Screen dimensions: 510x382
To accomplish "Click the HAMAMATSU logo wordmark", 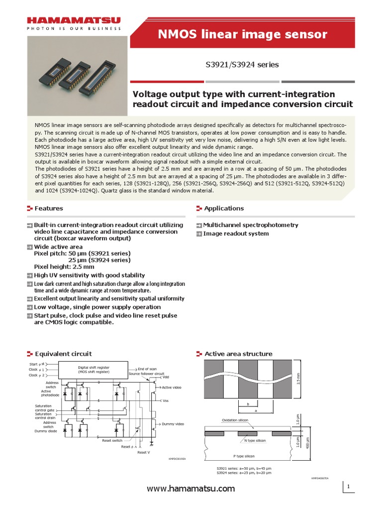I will [74, 21].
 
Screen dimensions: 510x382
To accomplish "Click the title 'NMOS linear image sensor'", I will [243, 34].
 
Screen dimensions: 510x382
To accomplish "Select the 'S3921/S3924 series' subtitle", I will [242, 65].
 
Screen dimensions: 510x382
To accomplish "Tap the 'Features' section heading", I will [48, 208].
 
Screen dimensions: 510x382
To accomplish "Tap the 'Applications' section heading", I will [223, 208].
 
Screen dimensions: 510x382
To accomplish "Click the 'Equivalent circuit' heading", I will [63, 354].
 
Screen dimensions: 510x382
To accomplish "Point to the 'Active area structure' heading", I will [238, 354].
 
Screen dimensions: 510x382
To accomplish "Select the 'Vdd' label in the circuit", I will [166, 377].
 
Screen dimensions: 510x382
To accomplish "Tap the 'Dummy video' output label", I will [173, 424].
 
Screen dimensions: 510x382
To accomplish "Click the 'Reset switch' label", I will [112, 440].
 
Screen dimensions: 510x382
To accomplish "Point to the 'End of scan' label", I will [147, 368].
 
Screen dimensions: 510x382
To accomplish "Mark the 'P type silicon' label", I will [244, 456].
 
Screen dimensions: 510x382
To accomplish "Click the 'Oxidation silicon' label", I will [235, 420].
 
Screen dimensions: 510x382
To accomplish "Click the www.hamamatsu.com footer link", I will [191, 489].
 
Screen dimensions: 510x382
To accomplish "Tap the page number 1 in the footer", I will [349, 487].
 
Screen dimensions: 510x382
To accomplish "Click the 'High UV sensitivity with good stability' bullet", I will [89, 275].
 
